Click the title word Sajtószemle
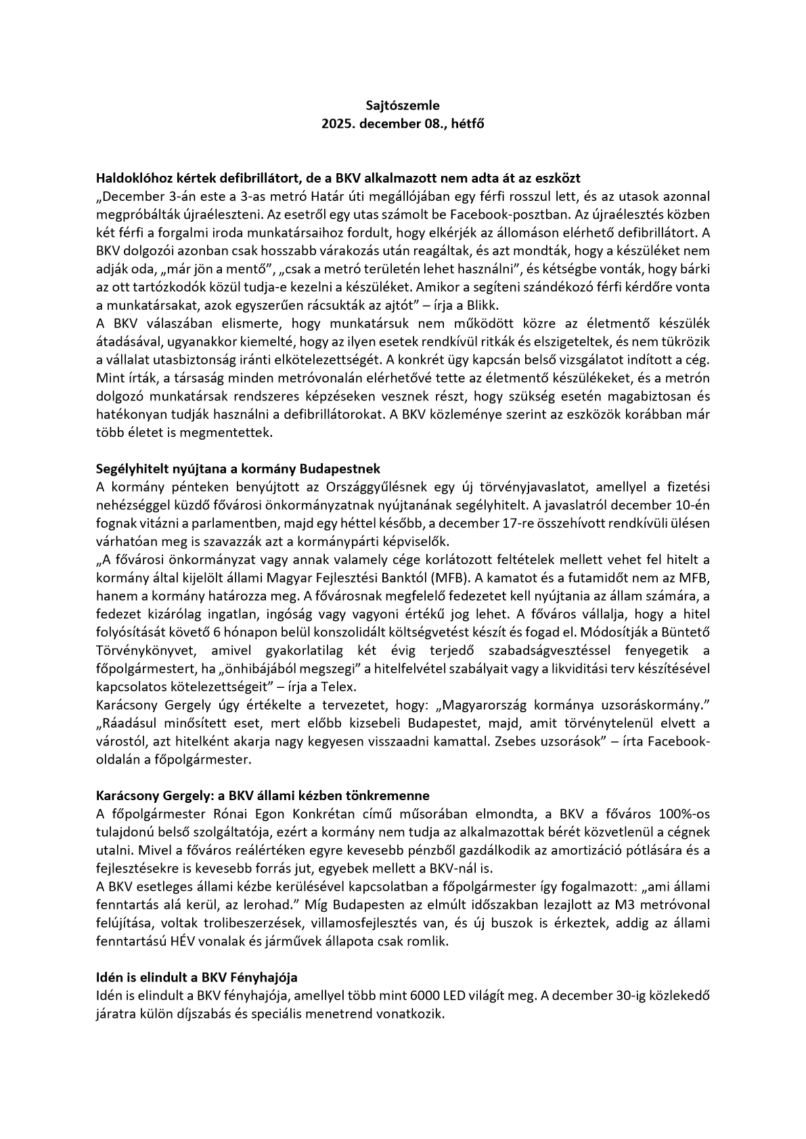[x=403, y=106]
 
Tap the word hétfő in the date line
[x=470, y=124]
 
